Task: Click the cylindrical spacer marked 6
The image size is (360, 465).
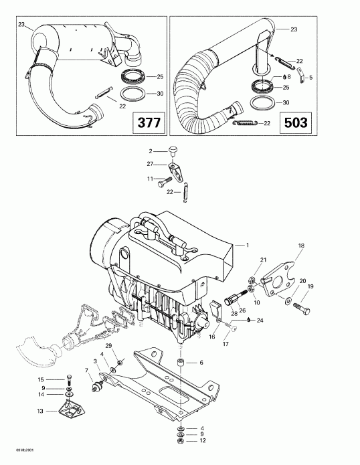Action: pyautogui.click(x=181, y=364)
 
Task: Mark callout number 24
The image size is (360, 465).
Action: pyautogui.click(x=260, y=321)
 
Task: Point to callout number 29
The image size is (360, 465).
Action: pyautogui.click(x=109, y=344)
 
